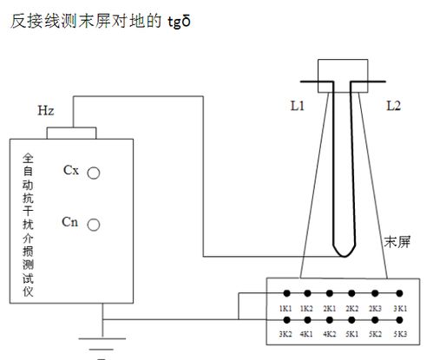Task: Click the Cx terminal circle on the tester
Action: (x=94, y=173)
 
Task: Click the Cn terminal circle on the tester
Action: (x=94, y=223)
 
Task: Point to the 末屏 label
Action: (x=397, y=240)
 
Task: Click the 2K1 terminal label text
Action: (x=330, y=308)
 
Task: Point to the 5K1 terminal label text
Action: (x=352, y=333)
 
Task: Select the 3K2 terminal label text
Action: (x=284, y=333)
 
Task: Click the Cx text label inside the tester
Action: (x=71, y=170)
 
